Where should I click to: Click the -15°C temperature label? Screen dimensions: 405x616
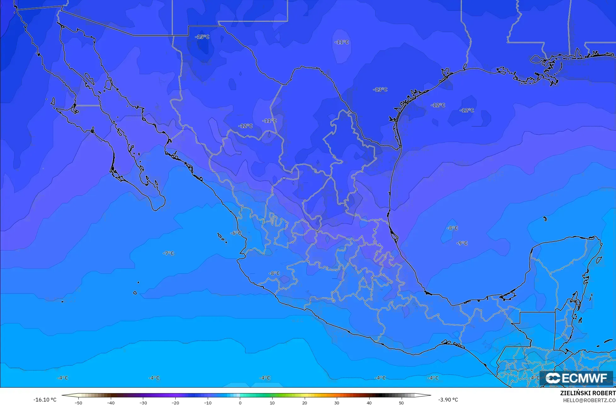[202, 37]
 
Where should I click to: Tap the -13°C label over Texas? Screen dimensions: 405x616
[380, 90]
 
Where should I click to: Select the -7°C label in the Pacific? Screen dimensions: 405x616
[168, 253]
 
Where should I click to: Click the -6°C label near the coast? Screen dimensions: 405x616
[236, 233]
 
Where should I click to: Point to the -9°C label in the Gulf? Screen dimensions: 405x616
[462, 243]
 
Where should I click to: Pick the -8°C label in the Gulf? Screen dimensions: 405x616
[452, 228]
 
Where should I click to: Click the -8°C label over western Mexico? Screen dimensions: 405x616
[274, 273]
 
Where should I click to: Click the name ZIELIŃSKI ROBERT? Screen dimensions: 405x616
[588, 393]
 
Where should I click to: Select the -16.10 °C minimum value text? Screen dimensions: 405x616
[45, 400]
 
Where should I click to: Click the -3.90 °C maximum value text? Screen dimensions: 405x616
[448, 400]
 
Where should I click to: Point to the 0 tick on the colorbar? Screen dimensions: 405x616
[240, 402]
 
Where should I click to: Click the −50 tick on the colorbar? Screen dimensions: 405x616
[78, 402]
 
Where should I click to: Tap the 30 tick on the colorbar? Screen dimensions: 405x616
[336, 402]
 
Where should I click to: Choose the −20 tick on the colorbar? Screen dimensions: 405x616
[175, 402]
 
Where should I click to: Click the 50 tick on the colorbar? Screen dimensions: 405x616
[401, 402]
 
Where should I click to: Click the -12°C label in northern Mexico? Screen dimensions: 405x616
[246, 126]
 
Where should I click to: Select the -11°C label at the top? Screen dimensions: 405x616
[342, 42]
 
